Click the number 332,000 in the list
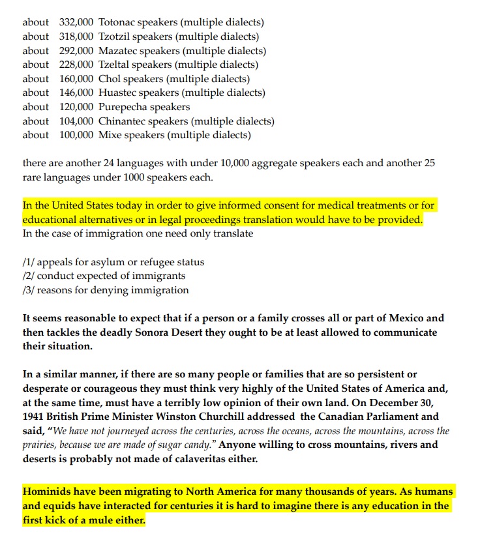(76, 22)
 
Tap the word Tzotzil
(115, 37)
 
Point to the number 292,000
(76, 51)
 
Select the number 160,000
(76, 79)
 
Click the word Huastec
(117, 93)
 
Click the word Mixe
(110, 135)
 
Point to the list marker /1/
(29, 262)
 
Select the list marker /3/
(29, 290)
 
